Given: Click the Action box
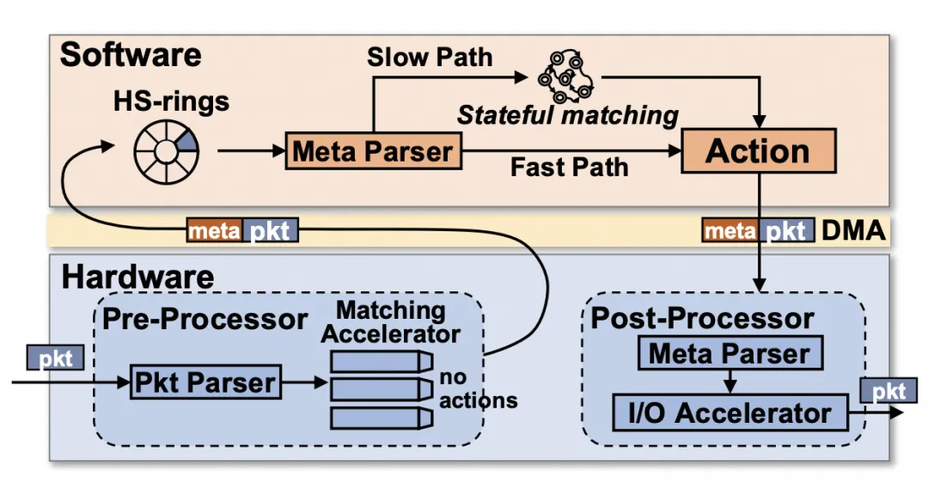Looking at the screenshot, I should click(757, 151).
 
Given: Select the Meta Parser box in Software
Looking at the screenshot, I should click(371, 151).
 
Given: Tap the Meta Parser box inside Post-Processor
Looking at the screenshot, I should click(730, 353).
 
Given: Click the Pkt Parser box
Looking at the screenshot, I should click(205, 382).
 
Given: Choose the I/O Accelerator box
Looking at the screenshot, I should click(730, 413).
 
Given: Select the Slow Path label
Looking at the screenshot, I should click(430, 58).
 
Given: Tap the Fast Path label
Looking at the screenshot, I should click(569, 167).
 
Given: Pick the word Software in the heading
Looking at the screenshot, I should click(131, 54).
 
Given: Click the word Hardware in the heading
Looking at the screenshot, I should click(137, 277).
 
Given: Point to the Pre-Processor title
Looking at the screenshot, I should click(205, 319).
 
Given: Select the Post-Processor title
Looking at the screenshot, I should click(702, 318).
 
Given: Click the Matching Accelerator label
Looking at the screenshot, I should click(390, 321).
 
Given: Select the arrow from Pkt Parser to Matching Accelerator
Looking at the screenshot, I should click(304, 382).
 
